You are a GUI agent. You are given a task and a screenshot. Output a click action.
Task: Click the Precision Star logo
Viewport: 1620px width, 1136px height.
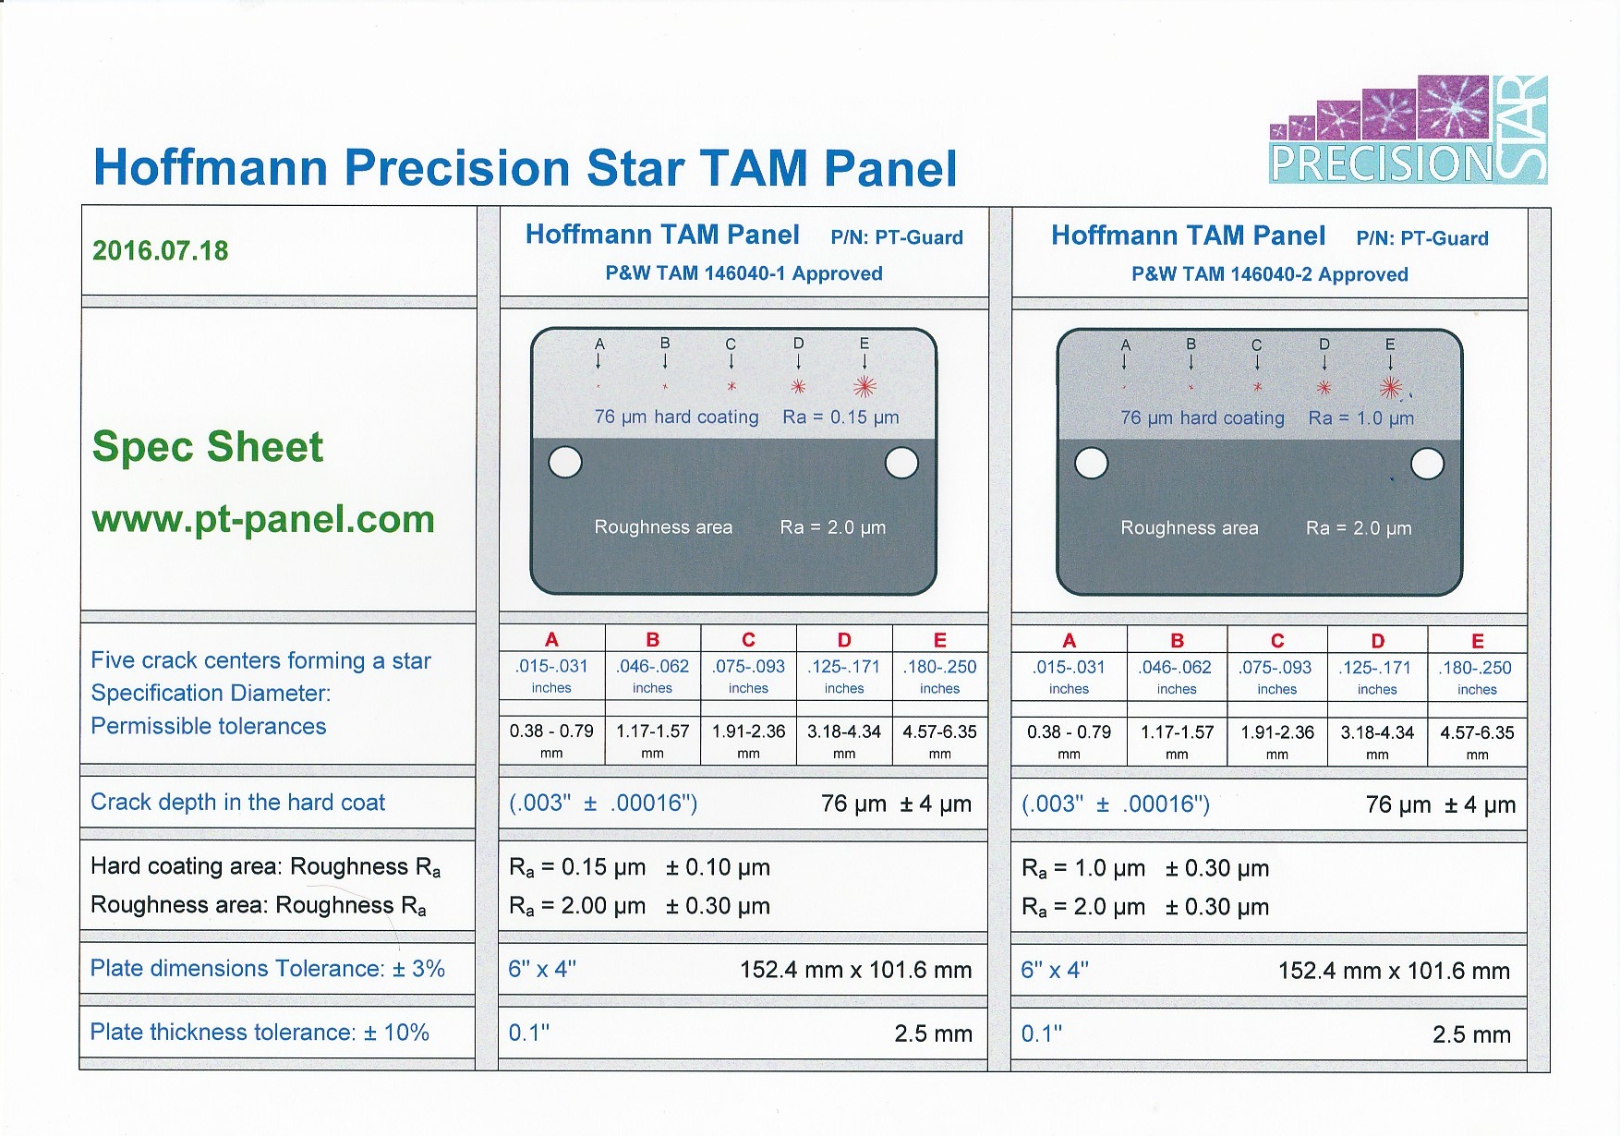(x=1408, y=129)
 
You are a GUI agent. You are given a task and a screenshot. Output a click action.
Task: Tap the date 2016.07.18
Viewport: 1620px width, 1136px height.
(x=161, y=250)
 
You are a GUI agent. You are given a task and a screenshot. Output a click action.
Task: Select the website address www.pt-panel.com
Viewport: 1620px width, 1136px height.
(x=263, y=519)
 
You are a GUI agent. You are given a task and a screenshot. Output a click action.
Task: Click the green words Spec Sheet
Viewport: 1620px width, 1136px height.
(x=208, y=447)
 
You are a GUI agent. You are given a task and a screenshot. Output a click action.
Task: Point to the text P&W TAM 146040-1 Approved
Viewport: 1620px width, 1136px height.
(x=744, y=273)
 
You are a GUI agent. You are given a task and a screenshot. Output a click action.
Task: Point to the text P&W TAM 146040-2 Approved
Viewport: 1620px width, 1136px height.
(x=1270, y=274)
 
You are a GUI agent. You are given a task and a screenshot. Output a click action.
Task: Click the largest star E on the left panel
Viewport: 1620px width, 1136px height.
(x=864, y=387)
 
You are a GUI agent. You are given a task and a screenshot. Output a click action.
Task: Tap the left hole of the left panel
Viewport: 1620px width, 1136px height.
(x=565, y=463)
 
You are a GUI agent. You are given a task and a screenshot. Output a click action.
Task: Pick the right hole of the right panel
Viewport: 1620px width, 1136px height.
(x=1428, y=464)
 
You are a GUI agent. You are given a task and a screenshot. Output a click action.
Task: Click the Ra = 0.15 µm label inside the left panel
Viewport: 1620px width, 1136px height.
(x=840, y=417)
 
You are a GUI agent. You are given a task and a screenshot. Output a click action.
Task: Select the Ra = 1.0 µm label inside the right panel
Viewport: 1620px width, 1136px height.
(x=1361, y=418)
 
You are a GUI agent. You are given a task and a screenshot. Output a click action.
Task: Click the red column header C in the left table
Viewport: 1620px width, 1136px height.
(x=749, y=640)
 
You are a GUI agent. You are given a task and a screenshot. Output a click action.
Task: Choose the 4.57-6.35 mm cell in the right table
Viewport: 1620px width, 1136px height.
(x=1478, y=741)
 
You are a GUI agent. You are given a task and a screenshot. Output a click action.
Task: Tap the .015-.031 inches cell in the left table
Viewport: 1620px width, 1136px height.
(x=551, y=675)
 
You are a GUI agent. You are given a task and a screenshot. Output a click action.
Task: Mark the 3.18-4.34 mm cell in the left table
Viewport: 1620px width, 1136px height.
(x=844, y=740)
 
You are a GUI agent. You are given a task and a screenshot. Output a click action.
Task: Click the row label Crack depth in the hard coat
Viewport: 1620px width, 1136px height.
(x=238, y=803)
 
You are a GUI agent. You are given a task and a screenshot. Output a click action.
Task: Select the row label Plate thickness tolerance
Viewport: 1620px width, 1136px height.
(x=260, y=1032)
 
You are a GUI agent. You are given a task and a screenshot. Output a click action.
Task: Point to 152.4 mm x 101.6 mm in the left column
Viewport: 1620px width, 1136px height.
(x=856, y=970)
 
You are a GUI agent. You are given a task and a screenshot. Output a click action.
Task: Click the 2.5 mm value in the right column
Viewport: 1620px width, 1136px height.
(x=1472, y=1034)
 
